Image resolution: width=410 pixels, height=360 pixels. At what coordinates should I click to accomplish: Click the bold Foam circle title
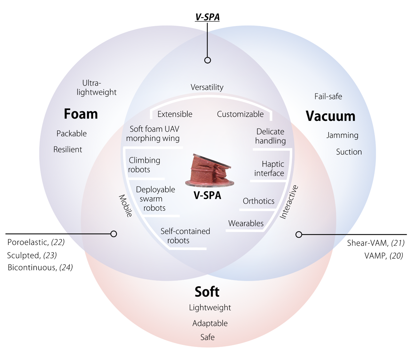pyautogui.click(x=81, y=114)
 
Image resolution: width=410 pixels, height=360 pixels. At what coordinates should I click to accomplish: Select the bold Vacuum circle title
pyautogui.click(x=330, y=116)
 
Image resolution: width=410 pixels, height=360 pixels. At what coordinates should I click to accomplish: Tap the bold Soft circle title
pyautogui.click(x=207, y=292)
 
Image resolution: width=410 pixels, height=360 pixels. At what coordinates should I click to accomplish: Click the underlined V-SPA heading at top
pyautogui.click(x=207, y=17)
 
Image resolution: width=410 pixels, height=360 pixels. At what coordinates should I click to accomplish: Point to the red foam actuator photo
pyautogui.click(x=209, y=171)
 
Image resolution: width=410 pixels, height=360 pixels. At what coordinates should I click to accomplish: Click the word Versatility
pyautogui.click(x=207, y=87)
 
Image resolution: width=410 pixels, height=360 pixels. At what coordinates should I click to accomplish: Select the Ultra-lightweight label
pyautogui.click(x=96, y=88)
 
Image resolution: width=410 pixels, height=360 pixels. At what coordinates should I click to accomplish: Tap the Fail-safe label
pyautogui.click(x=328, y=97)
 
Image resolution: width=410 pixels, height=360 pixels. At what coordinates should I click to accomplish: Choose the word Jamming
pyautogui.click(x=342, y=135)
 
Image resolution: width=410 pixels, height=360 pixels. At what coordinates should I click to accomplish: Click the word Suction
pyautogui.click(x=349, y=152)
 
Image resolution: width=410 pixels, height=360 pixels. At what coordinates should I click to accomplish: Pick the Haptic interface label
pyautogui.click(x=269, y=169)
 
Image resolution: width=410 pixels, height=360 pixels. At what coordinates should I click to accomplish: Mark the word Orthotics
pyautogui.click(x=258, y=201)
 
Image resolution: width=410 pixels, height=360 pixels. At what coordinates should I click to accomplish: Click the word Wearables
pyautogui.click(x=246, y=223)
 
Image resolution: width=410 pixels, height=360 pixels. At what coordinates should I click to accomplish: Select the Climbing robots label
pyautogui.click(x=144, y=165)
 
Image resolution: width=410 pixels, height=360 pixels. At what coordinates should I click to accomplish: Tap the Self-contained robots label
pyautogui.click(x=185, y=236)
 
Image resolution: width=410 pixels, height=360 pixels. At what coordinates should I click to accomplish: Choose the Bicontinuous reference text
pyautogui.click(x=40, y=268)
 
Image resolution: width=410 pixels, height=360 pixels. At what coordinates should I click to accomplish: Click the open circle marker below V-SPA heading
pyautogui.click(x=208, y=60)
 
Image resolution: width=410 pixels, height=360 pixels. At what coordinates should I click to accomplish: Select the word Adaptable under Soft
pyautogui.click(x=210, y=324)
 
